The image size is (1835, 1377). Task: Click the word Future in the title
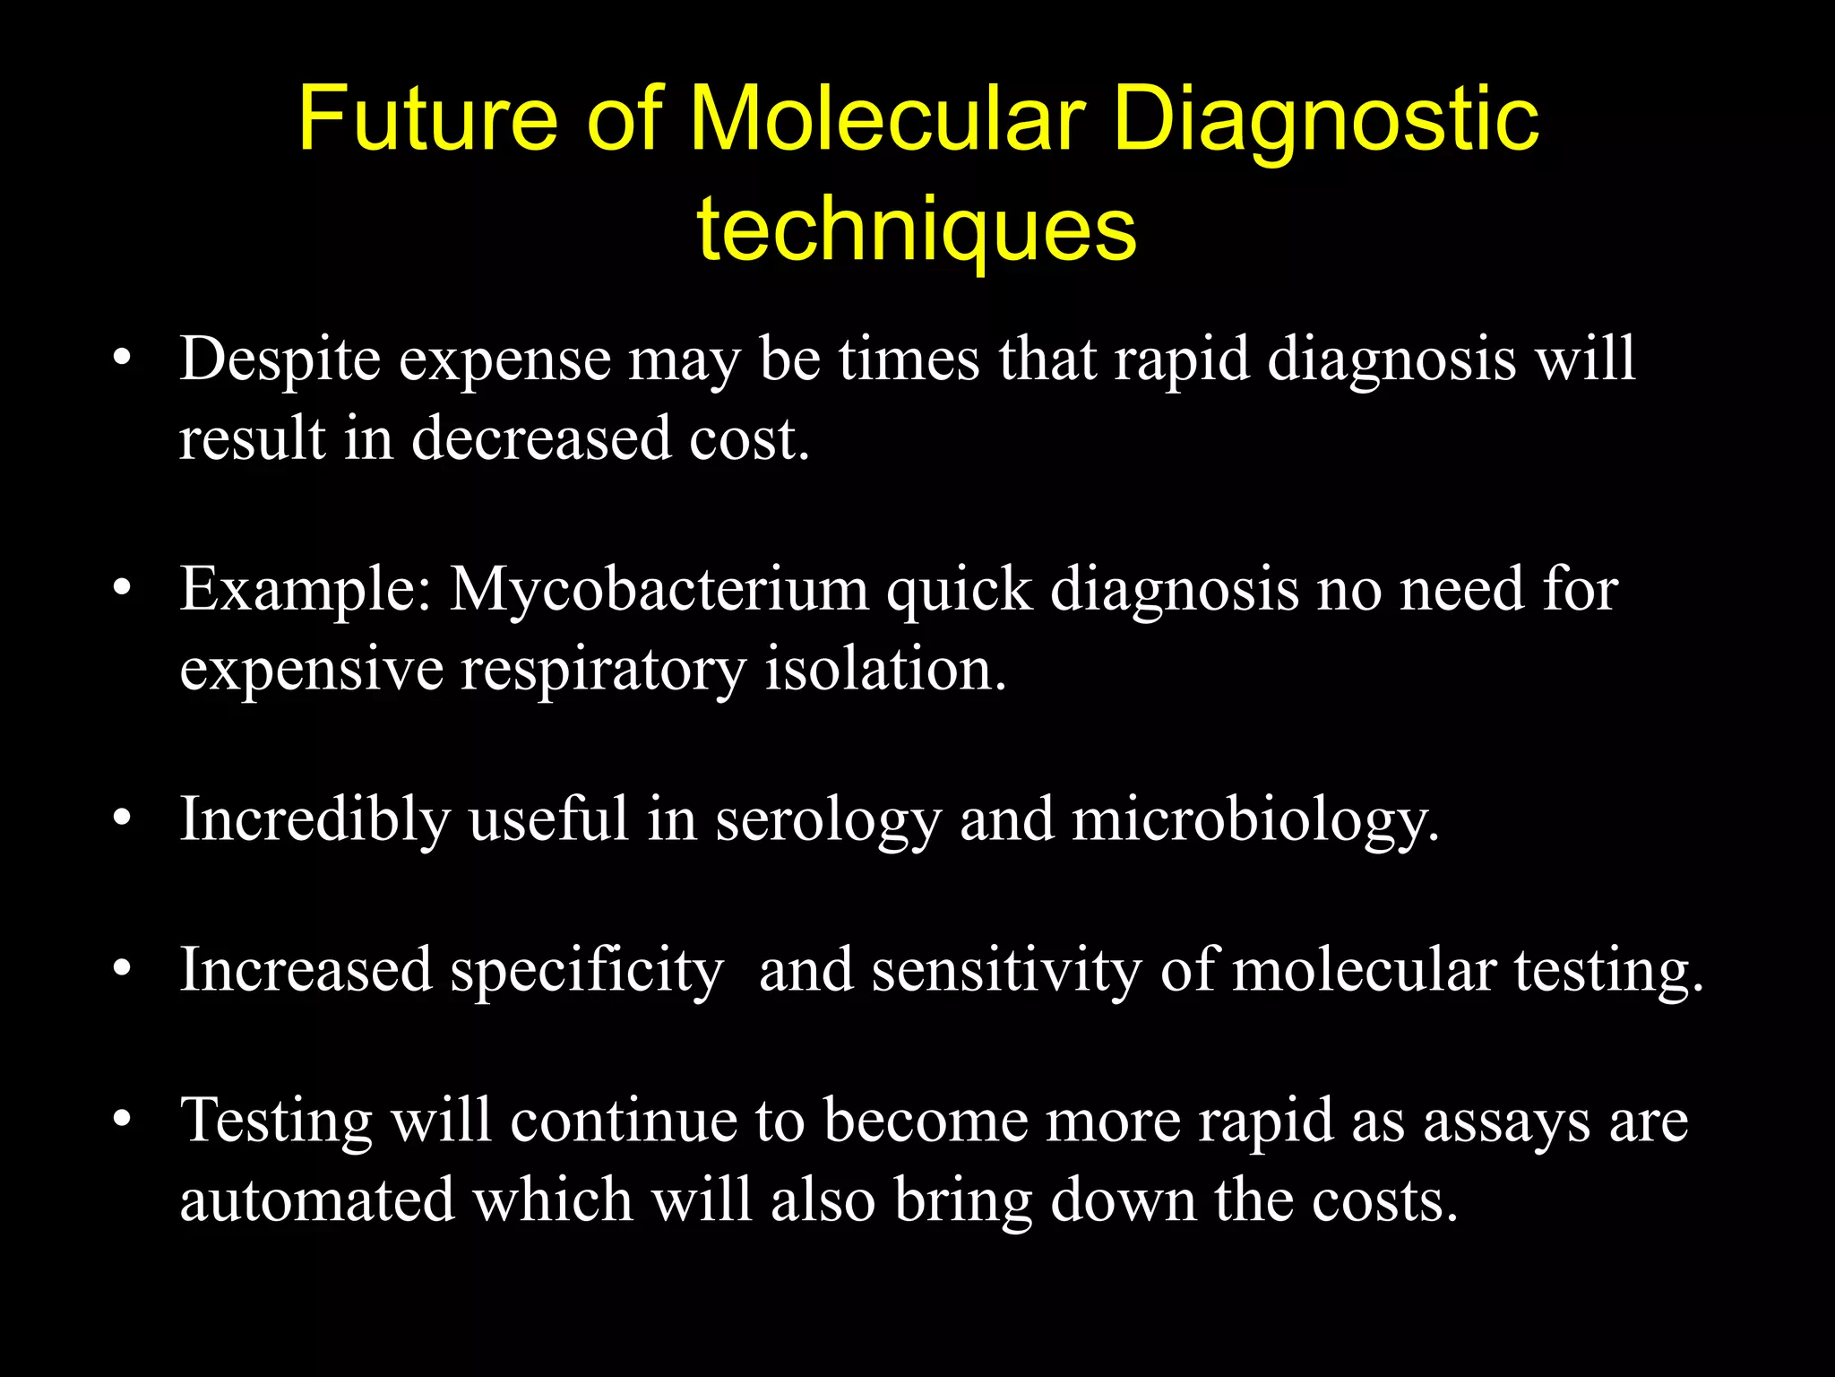click(429, 120)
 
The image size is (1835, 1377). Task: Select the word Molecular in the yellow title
click(887, 120)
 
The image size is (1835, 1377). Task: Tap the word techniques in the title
click(917, 229)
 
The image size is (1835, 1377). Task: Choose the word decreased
click(540, 439)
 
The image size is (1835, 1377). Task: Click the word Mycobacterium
click(659, 591)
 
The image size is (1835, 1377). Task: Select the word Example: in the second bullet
click(306, 591)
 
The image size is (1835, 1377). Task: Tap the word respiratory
click(602, 670)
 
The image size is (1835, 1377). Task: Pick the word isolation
click(885, 670)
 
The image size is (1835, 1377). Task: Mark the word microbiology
click(1254, 820)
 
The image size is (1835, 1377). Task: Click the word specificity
click(586, 971)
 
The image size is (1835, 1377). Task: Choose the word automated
click(317, 1200)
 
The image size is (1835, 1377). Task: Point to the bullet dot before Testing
click(123, 1120)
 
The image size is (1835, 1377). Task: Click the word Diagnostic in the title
click(1326, 120)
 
